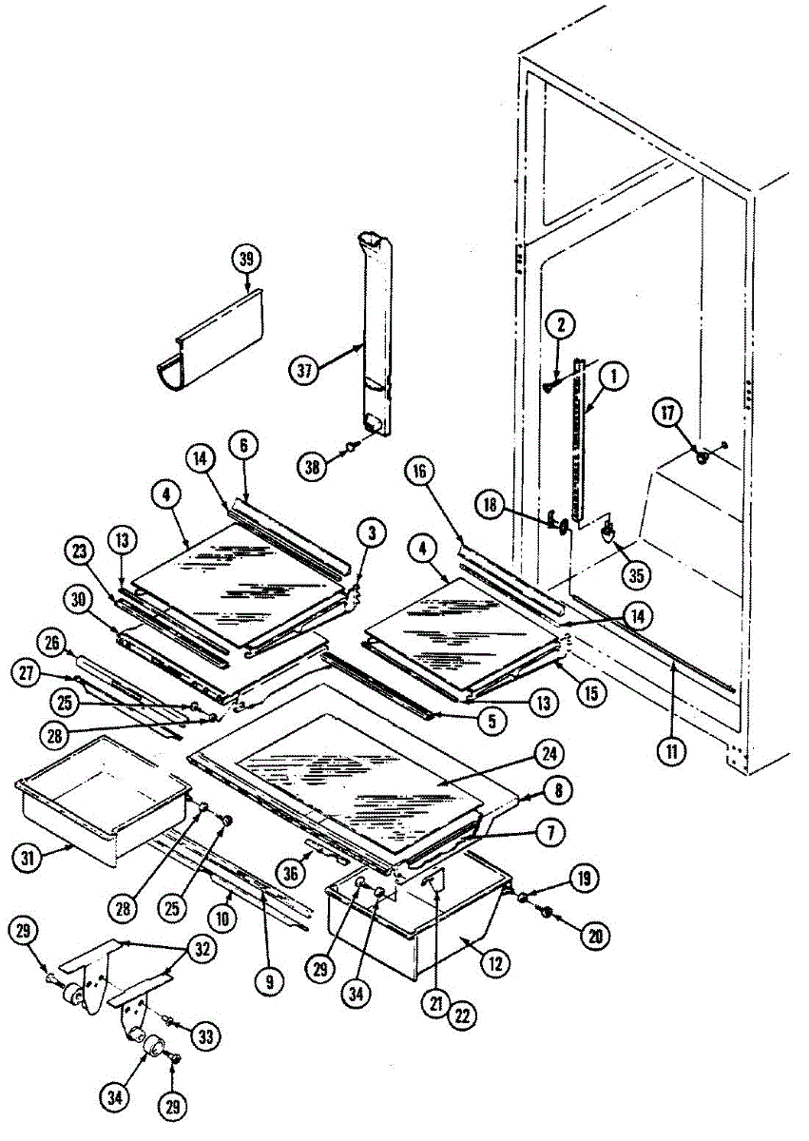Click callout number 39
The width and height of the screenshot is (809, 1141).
coord(247,260)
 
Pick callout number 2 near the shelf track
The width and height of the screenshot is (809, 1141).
coord(561,325)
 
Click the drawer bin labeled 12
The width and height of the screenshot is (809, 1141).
coord(418,927)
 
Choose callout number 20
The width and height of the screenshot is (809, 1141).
coord(596,936)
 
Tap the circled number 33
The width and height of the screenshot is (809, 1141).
coord(202,1034)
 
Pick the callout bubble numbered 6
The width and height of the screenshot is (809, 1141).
coord(243,445)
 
